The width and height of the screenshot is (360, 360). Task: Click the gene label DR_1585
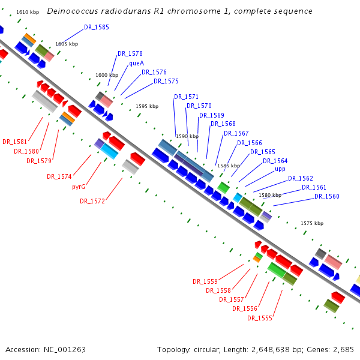tap(97, 28)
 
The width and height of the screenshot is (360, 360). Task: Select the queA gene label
tap(136, 63)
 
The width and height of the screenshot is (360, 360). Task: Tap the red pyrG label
tap(79, 187)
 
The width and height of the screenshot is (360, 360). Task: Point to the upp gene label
tap(280, 169)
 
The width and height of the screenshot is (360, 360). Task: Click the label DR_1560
tap(326, 197)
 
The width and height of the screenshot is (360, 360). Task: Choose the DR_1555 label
tap(259, 318)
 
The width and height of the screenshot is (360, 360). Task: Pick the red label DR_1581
tap(14, 142)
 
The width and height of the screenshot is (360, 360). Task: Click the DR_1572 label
tap(92, 202)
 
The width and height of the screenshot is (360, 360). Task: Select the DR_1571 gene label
tap(186, 97)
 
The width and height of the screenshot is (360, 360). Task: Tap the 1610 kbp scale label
tap(28, 12)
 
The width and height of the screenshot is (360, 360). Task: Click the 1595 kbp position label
tap(147, 106)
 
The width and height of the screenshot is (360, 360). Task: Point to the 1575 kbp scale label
tap(311, 223)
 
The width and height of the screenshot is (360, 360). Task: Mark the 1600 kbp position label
tap(106, 75)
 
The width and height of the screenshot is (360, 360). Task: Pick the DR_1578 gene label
tap(130, 54)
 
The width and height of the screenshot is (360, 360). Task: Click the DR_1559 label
tap(205, 281)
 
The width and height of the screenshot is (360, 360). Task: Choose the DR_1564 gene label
tap(275, 161)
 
